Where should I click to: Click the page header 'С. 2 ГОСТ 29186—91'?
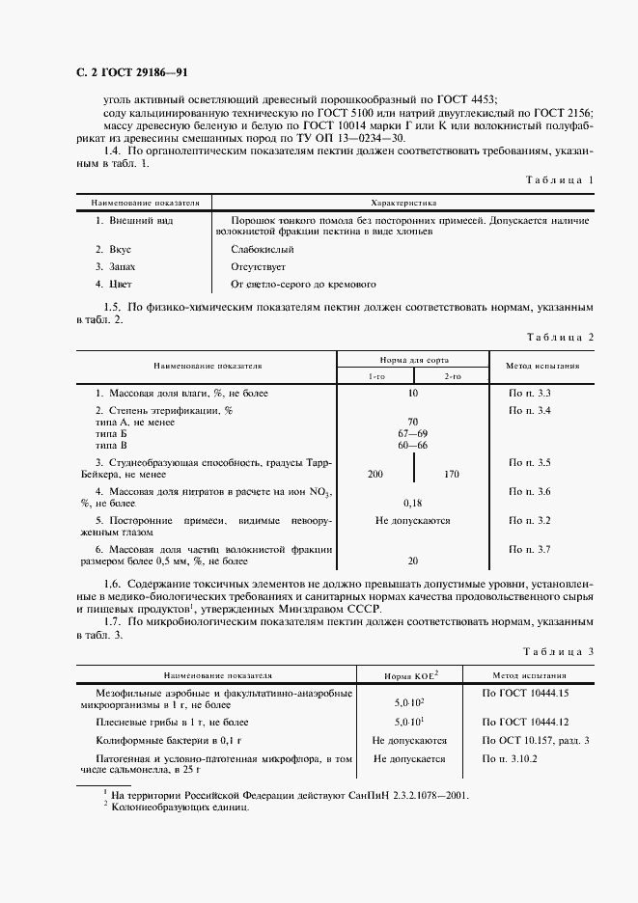pos(125,73)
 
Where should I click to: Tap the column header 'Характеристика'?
pos(404,204)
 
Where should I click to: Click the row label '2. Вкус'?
pos(115,249)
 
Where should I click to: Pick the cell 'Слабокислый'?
pos(262,249)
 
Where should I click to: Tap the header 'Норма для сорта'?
pos(412,359)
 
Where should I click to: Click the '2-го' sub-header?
pos(451,375)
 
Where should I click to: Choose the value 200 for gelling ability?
pos(375,474)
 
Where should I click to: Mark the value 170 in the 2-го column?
pos(450,474)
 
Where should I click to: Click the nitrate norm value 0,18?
pos(412,503)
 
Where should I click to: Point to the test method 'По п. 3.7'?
pos(529,549)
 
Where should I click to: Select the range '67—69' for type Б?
pos(412,433)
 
